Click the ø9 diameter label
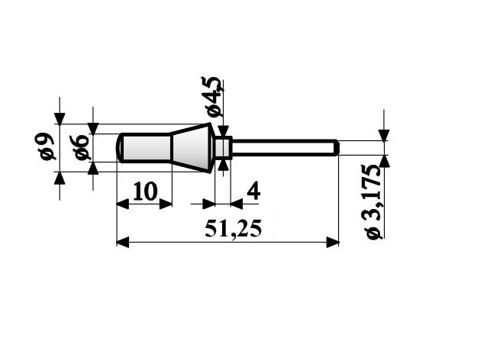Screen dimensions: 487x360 point(47,146)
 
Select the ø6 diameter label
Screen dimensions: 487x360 point(82,148)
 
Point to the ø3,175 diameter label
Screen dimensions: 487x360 point(373,201)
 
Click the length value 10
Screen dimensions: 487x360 point(145,191)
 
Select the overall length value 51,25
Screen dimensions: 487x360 point(234,229)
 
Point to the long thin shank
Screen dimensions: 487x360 point(285,148)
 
